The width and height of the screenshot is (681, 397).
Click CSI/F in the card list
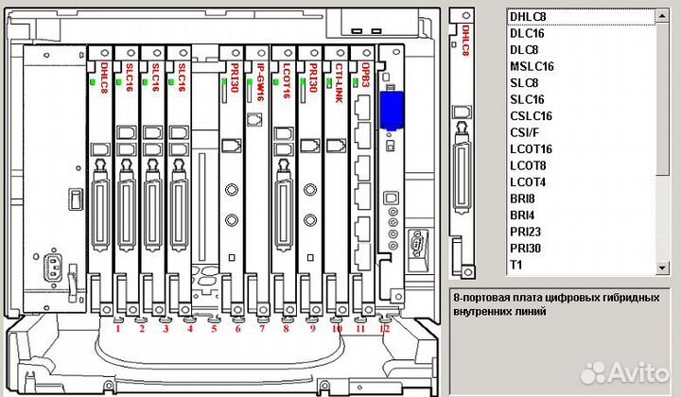coord(525,133)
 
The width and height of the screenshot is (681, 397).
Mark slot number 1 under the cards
coord(117,329)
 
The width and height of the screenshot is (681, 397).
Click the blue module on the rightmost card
coord(390,110)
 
